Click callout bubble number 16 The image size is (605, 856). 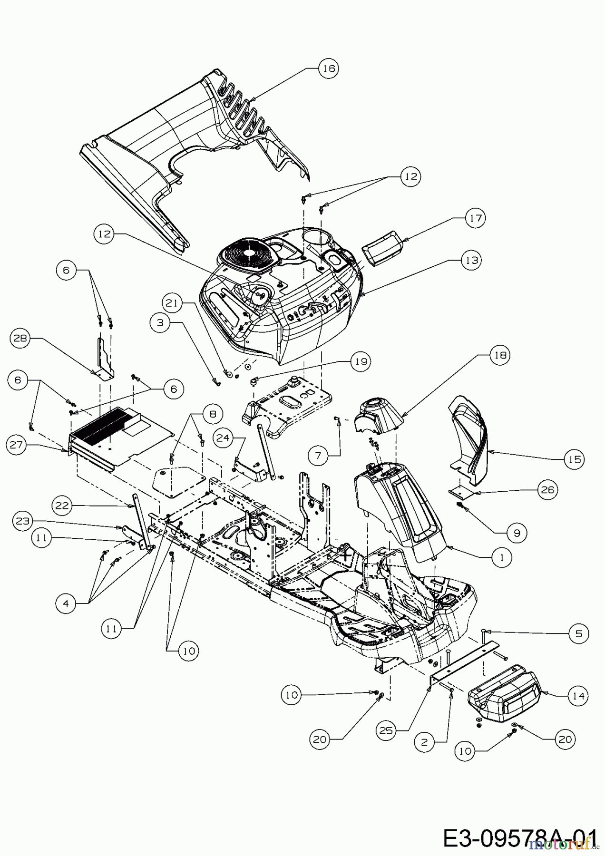tap(328, 68)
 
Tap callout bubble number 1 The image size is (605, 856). tap(502, 556)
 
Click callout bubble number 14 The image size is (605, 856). tap(577, 696)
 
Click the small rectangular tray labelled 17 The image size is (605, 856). tap(383, 247)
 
